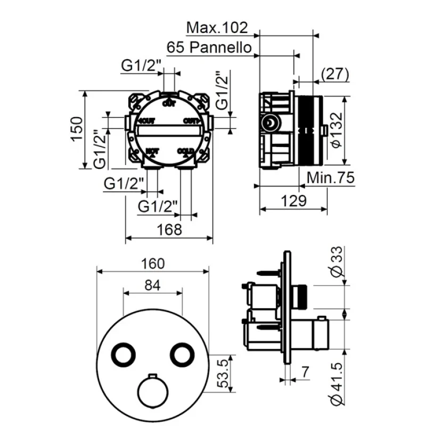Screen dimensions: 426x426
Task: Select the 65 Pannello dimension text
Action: pos(209,47)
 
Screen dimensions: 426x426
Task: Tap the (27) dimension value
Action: pos(335,73)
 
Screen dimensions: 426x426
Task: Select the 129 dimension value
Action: pos(293,201)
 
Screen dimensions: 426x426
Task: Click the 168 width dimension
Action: pos(168,230)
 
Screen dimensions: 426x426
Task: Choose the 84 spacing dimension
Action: pos(153,285)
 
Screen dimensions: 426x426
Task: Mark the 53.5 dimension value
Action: pos(225,374)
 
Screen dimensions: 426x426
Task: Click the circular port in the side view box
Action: pos(271,124)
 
